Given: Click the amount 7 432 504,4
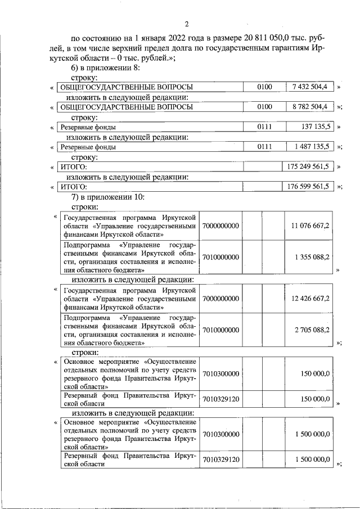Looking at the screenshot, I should tap(310, 87).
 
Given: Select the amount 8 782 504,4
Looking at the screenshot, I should tap(310, 107).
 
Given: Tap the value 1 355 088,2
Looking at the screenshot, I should tap(312, 257).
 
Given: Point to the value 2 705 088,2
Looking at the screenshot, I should tap(312, 330).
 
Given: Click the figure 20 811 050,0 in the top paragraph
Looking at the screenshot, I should tap(268, 38).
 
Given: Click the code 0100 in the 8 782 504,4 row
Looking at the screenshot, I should tap(264, 107).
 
